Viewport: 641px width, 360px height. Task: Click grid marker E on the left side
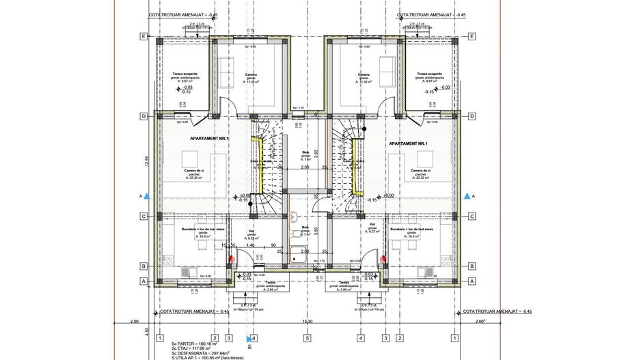click(x=144, y=36)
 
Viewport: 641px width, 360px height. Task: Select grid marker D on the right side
click(x=472, y=116)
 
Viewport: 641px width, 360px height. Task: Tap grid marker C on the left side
click(x=144, y=217)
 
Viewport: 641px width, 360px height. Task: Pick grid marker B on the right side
click(x=472, y=266)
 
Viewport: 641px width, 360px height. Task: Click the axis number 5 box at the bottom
click(x=308, y=337)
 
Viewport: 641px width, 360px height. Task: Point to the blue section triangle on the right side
click(x=467, y=196)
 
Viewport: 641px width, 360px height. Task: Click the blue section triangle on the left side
click(x=148, y=196)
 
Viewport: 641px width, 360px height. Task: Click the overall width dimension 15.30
click(x=308, y=321)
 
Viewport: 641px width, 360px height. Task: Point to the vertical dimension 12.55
click(x=146, y=161)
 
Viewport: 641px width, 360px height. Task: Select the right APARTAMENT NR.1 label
click(x=407, y=143)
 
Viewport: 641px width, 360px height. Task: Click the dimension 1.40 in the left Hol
click(x=251, y=245)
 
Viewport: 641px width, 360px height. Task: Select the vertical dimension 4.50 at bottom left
click(x=146, y=332)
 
